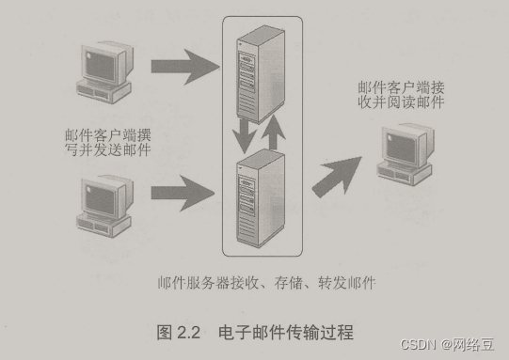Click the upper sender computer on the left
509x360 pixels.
(x=104, y=72)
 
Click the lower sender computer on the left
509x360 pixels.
(x=104, y=206)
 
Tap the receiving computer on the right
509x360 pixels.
(x=406, y=154)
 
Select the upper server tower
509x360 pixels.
(x=261, y=74)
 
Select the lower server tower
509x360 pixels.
(x=261, y=198)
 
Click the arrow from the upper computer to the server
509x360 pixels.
(x=185, y=67)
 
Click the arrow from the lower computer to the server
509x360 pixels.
(x=183, y=194)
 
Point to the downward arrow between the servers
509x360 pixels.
(x=245, y=136)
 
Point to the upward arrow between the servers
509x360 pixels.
(x=274, y=132)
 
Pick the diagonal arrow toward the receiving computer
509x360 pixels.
(x=338, y=176)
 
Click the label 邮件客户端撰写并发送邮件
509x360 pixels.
(x=108, y=143)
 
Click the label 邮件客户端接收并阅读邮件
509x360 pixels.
(x=401, y=95)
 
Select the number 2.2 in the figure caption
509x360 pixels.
(x=188, y=333)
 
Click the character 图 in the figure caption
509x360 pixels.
(x=165, y=333)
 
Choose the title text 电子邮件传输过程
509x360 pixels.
(x=286, y=333)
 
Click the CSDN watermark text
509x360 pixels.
(x=447, y=344)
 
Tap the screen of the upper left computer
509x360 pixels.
(x=100, y=66)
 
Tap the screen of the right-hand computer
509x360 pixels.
(x=401, y=149)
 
